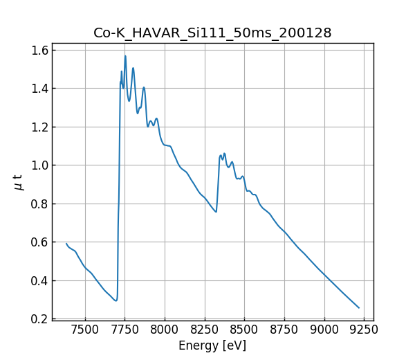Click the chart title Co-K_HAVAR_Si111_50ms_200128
pos(212,33)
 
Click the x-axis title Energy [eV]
pos(212,345)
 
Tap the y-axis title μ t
pos(19,182)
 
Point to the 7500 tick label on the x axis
pos(85,330)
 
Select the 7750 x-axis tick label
pos(125,330)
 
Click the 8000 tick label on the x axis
pos(165,330)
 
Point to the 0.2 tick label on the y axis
pos(39,319)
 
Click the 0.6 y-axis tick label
pos(39,242)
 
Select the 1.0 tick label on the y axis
pos(39,165)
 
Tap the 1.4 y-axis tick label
pos(39,89)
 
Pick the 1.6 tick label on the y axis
pos(39,51)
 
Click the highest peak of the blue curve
pos(125,56)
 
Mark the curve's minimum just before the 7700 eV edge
pos(116,300)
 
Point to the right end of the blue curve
pos(359,308)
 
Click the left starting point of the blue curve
pos(66,244)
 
